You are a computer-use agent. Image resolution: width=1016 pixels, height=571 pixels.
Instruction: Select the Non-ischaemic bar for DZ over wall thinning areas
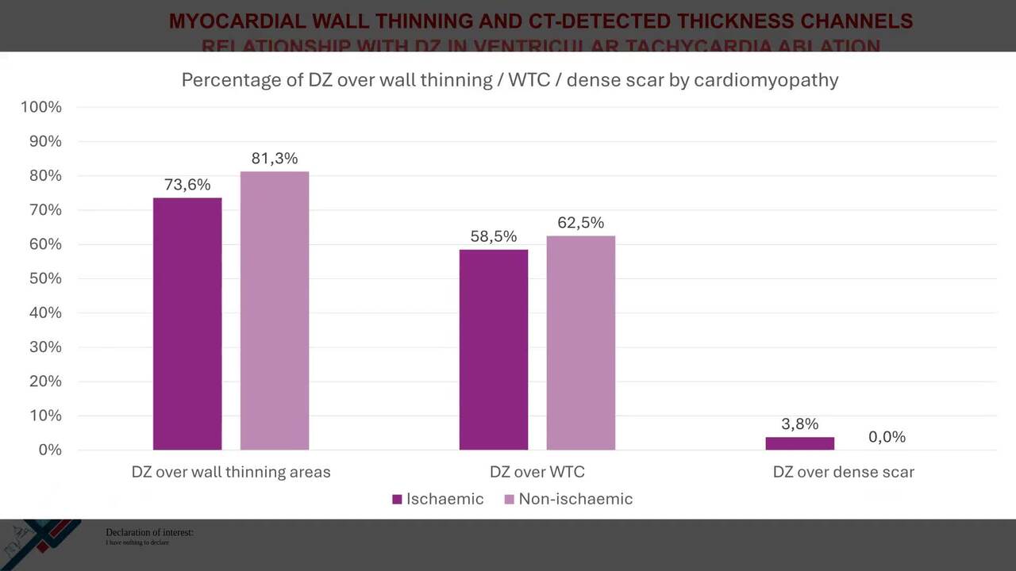coord(275,311)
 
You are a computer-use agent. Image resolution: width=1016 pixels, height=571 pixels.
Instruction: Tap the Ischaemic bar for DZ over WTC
coord(494,350)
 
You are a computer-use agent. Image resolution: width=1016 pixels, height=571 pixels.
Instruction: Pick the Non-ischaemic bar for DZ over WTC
coord(580,343)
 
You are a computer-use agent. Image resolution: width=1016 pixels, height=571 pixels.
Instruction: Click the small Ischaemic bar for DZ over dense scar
coord(799,443)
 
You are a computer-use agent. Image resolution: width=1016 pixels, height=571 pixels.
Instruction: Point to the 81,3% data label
coord(275,159)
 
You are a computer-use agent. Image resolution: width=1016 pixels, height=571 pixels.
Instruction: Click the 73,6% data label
coord(187,185)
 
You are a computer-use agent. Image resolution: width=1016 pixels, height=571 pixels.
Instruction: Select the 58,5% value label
coord(494,236)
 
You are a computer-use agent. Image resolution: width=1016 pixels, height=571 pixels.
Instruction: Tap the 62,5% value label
coord(580,223)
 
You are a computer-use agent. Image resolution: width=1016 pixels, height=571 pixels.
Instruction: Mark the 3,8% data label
coord(799,424)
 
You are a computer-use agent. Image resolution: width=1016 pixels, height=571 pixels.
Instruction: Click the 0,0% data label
coord(887,437)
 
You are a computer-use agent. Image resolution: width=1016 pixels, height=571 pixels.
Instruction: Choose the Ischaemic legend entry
coord(438,499)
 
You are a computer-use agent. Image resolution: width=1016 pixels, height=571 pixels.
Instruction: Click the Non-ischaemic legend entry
coord(568,499)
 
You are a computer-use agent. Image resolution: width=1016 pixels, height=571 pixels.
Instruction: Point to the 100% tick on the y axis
coord(41,107)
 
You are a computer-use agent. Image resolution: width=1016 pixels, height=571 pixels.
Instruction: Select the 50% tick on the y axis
coord(44,278)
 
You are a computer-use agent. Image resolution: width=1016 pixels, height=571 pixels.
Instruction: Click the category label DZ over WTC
coord(537,472)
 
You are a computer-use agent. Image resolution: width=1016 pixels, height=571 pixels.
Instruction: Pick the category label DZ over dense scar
coord(843,472)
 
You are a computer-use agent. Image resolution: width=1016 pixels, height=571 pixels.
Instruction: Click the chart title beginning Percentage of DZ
coord(510,80)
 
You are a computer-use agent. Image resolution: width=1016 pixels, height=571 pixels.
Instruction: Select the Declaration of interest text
coord(149,533)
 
